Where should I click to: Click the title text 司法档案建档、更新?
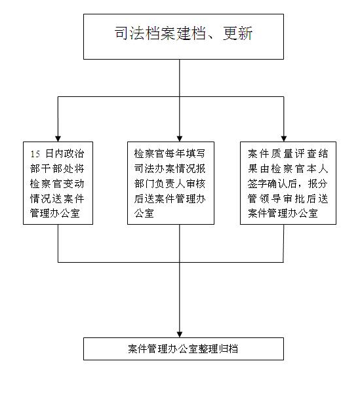pos(184,33)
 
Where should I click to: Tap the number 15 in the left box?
pos(35,154)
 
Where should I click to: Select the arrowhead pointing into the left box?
pos(58,139)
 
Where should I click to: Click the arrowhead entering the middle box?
pos(180,139)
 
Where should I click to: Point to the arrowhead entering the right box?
pos(284,139)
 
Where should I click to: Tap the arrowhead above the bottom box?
pos(180,335)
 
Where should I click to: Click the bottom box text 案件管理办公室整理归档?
pos(183,349)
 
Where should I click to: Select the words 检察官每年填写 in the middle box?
pos(170,154)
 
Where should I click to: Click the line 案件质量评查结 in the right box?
pos(288,154)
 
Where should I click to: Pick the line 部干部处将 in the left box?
pos(57,169)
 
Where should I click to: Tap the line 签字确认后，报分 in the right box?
pos(288,183)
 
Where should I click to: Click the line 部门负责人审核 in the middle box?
pos(170,183)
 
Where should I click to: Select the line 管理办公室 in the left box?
pos(55,213)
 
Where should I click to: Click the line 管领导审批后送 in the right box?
pos(288,199)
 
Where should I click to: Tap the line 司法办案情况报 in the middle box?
pos(170,169)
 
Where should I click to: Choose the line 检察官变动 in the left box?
pos(57,183)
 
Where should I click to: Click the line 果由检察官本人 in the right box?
pos(288,169)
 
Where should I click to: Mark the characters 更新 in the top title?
pos(237,33)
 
